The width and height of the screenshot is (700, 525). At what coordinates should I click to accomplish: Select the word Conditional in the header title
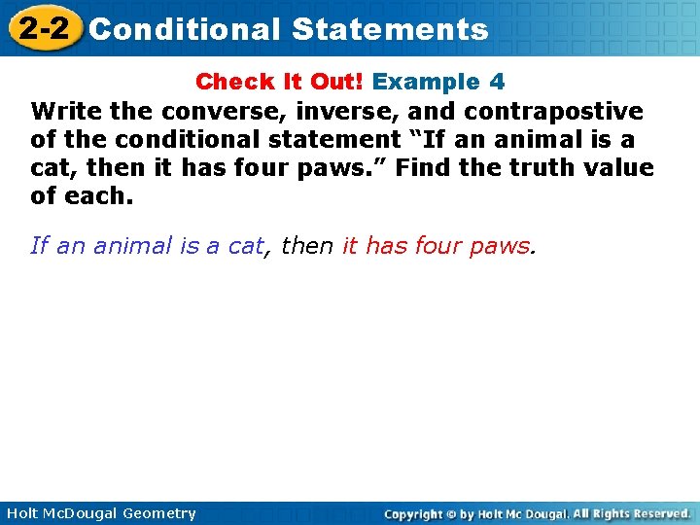(x=185, y=29)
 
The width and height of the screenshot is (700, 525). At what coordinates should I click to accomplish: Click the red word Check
(x=230, y=82)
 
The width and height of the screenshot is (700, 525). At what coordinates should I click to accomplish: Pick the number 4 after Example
(x=497, y=82)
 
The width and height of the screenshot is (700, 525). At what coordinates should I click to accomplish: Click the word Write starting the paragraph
(x=63, y=111)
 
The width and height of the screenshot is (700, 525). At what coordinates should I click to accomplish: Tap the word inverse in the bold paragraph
(x=340, y=111)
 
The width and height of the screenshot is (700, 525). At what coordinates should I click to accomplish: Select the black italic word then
(x=306, y=246)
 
